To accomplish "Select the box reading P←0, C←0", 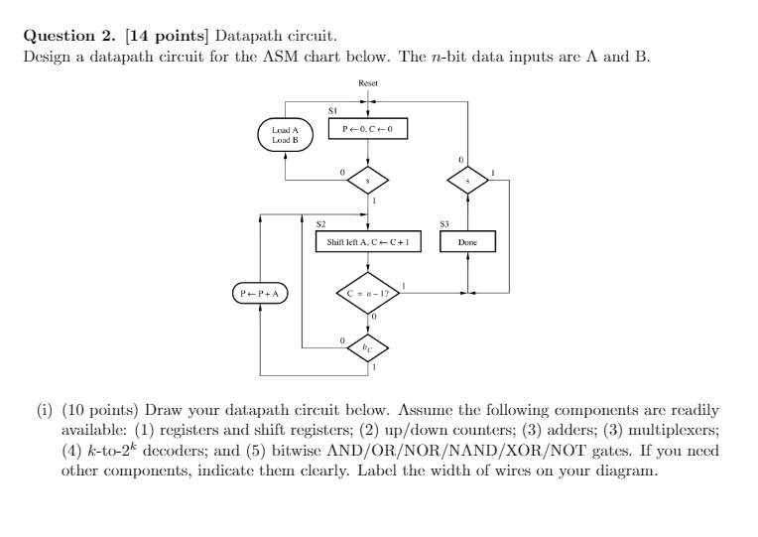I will point(368,130).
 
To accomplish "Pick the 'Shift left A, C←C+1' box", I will point(368,241).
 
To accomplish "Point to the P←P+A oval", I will point(260,293).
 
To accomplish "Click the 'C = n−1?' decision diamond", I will point(368,293).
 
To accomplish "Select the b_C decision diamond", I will point(368,348).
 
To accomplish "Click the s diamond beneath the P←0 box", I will point(368,182).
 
